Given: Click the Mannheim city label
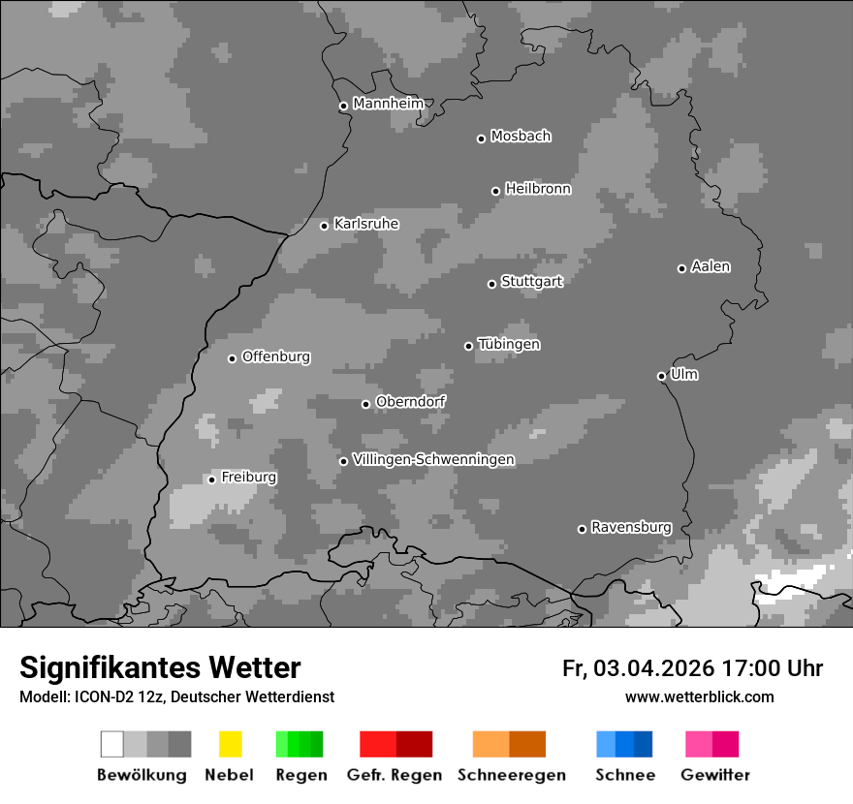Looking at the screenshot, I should pyautogui.click(x=389, y=104).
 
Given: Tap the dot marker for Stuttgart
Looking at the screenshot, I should pyautogui.click(x=491, y=284).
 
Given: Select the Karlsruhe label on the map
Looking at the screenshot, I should pyautogui.click(x=366, y=224).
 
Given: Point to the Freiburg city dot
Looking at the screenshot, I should pyautogui.click(x=211, y=479).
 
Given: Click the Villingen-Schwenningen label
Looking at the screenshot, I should pyautogui.click(x=433, y=459).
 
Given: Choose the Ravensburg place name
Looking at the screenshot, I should pyautogui.click(x=631, y=527).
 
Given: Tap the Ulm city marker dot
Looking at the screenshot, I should pyautogui.click(x=661, y=376).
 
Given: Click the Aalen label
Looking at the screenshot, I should pyautogui.click(x=711, y=266).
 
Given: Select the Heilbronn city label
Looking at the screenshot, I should pyautogui.click(x=538, y=189).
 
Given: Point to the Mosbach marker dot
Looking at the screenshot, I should pyautogui.click(x=481, y=139).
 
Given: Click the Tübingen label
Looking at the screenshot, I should pyautogui.click(x=509, y=344).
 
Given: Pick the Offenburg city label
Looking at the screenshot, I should pyautogui.click(x=276, y=356).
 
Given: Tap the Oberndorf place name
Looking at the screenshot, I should pyautogui.click(x=411, y=401).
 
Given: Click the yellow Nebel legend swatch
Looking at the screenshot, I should pyautogui.click(x=230, y=744).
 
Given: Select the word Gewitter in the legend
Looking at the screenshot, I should pyautogui.click(x=715, y=775).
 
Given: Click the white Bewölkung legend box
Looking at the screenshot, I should pyautogui.click(x=111, y=744).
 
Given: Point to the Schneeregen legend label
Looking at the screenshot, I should pyautogui.click(x=512, y=775).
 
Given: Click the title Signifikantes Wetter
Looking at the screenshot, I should pyautogui.click(x=160, y=667).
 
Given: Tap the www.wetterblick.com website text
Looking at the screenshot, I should pyautogui.click(x=699, y=696).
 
